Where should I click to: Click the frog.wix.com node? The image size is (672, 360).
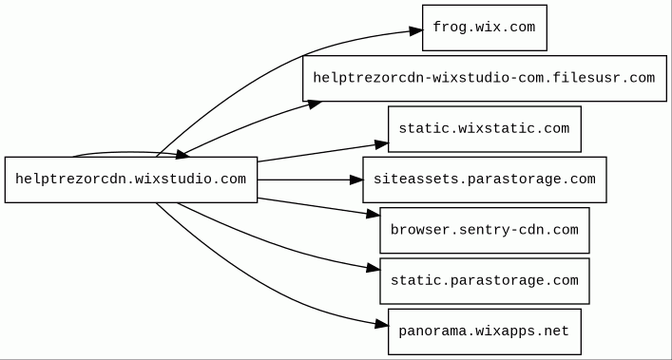[485, 28]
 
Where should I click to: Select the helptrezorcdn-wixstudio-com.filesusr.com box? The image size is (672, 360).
[485, 78]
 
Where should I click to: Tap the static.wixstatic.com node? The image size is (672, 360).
[485, 129]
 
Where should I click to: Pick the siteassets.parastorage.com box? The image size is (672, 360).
[485, 180]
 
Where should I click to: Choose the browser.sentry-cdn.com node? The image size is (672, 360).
[485, 230]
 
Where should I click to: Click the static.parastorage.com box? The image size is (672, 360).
[485, 281]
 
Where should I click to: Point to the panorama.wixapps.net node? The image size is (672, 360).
[485, 332]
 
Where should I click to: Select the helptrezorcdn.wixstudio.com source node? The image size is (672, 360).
[131, 180]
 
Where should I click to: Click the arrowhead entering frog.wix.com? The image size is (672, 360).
[415, 30]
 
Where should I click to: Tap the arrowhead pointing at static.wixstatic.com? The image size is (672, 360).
[381, 144]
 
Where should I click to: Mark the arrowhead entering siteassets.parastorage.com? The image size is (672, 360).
[356, 180]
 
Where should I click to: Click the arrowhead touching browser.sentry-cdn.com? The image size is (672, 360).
[374, 214]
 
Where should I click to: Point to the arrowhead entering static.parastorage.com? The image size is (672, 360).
[374, 268]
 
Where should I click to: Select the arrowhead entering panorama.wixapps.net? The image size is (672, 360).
[381, 325]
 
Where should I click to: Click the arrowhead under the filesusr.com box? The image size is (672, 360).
[314, 104]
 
